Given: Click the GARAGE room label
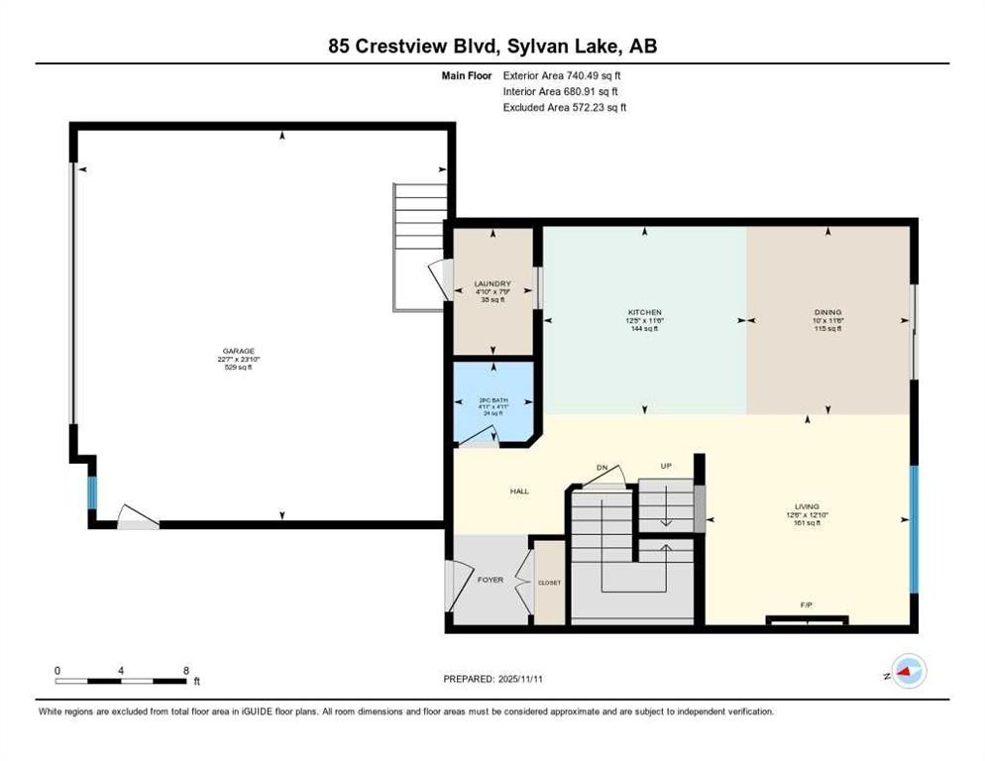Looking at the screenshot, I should (238, 351).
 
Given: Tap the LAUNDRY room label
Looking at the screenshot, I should (492, 283).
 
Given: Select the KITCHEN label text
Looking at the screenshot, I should (644, 312).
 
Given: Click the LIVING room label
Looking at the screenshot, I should (806, 505).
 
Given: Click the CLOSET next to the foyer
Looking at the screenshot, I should (549, 583).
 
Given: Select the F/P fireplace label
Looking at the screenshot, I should (806, 603).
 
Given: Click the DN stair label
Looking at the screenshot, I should (602, 467).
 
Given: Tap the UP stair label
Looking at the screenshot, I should (666, 466).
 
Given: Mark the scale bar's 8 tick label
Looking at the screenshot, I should (186, 670).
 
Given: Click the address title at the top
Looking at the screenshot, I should (492, 45).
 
